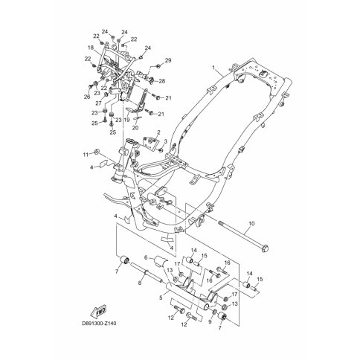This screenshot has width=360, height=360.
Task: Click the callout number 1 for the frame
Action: (x=213, y=67)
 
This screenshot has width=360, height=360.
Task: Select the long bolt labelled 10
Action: (x=243, y=235)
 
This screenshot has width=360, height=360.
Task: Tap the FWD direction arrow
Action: (x=97, y=311)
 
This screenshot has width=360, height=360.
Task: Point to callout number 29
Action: (x=168, y=60)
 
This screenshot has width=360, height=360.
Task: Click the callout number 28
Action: (x=162, y=81)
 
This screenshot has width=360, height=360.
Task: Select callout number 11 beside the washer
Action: (x=86, y=155)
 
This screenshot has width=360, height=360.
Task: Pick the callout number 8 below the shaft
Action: (x=140, y=283)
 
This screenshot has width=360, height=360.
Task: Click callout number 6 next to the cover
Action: (x=146, y=258)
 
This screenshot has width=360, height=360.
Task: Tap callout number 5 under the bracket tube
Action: (x=161, y=298)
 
